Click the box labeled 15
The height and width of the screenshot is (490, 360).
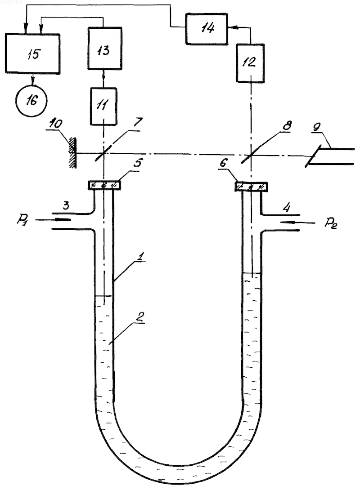(32, 53)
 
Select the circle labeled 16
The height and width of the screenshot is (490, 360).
(31, 101)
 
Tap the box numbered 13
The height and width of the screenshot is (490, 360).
(104, 48)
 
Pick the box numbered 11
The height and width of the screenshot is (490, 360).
(103, 106)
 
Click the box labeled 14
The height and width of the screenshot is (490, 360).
(207, 28)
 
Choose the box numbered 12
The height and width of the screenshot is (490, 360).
(250, 63)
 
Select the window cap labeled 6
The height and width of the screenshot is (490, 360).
(251, 187)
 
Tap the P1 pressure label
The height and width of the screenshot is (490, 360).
(22, 220)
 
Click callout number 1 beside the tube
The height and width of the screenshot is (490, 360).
(141, 257)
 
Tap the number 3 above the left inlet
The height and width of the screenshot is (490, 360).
(66, 205)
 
